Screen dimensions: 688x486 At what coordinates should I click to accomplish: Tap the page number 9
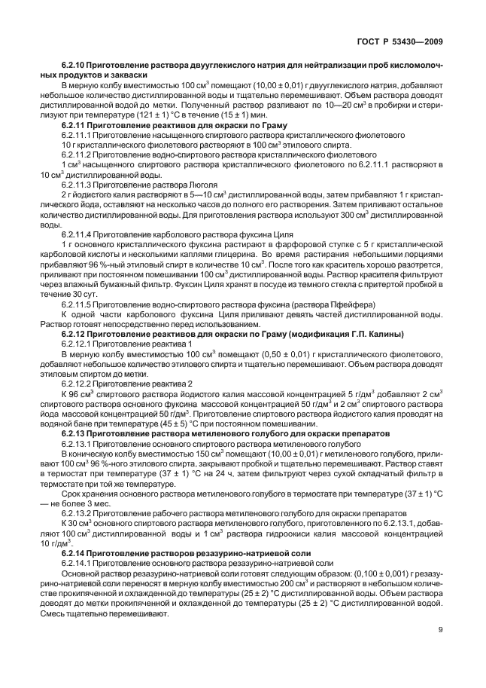coord(438,631)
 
